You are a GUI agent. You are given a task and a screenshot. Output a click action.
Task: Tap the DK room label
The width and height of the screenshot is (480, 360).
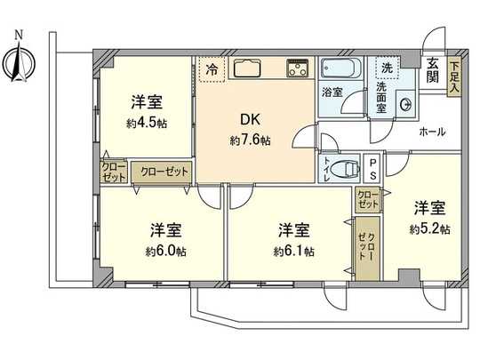coord(248,121)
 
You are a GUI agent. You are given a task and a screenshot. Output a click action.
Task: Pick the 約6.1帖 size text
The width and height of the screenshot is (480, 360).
coord(294,252)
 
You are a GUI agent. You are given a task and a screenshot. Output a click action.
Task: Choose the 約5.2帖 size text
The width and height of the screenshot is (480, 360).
coord(430,229)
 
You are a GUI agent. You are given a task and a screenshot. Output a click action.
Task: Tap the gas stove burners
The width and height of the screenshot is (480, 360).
coord(296,68)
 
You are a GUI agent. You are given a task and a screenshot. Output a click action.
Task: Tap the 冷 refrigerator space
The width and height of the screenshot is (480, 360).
coord(212,68)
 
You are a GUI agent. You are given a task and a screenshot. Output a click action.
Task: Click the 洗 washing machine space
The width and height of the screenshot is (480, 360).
coord(387,68)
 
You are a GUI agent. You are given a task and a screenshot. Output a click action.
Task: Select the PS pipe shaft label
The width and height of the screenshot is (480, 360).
coord(372,169)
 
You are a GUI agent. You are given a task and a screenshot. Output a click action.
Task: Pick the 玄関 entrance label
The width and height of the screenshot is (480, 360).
coord(432,69)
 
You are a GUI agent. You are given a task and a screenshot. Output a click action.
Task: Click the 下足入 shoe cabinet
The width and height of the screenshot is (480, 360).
coord(454,76)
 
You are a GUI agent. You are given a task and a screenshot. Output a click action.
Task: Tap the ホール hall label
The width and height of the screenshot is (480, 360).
coord(432,132)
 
